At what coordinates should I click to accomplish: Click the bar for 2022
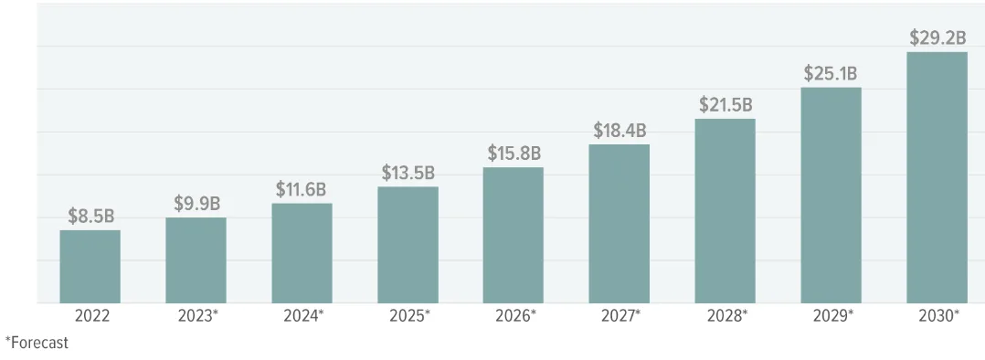click(x=90, y=267)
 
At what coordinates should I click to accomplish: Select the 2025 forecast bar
click(x=408, y=245)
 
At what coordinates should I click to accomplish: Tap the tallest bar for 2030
click(x=937, y=178)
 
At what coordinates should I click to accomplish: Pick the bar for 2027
click(x=619, y=224)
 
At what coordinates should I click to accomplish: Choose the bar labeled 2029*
click(x=831, y=196)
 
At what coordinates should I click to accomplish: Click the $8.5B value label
click(x=91, y=217)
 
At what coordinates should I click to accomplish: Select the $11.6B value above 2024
click(x=302, y=189)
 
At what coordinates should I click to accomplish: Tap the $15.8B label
click(x=514, y=153)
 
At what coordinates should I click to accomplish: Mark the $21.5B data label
click(x=726, y=105)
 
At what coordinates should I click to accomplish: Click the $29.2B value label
click(x=937, y=37)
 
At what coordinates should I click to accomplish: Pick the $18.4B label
click(x=620, y=131)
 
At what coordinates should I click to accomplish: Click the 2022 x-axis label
click(x=91, y=316)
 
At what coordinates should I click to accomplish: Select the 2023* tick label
click(x=198, y=316)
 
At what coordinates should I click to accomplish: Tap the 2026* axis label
click(x=515, y=316)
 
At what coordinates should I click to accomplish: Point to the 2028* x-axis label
click(x=726, y=316)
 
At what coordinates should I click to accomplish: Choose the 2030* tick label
click(x=938, y=316)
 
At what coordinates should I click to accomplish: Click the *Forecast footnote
click(x=37, y=343)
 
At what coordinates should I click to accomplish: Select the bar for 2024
click(x=302, y=253)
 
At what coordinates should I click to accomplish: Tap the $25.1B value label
click(x=831, y=74)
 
